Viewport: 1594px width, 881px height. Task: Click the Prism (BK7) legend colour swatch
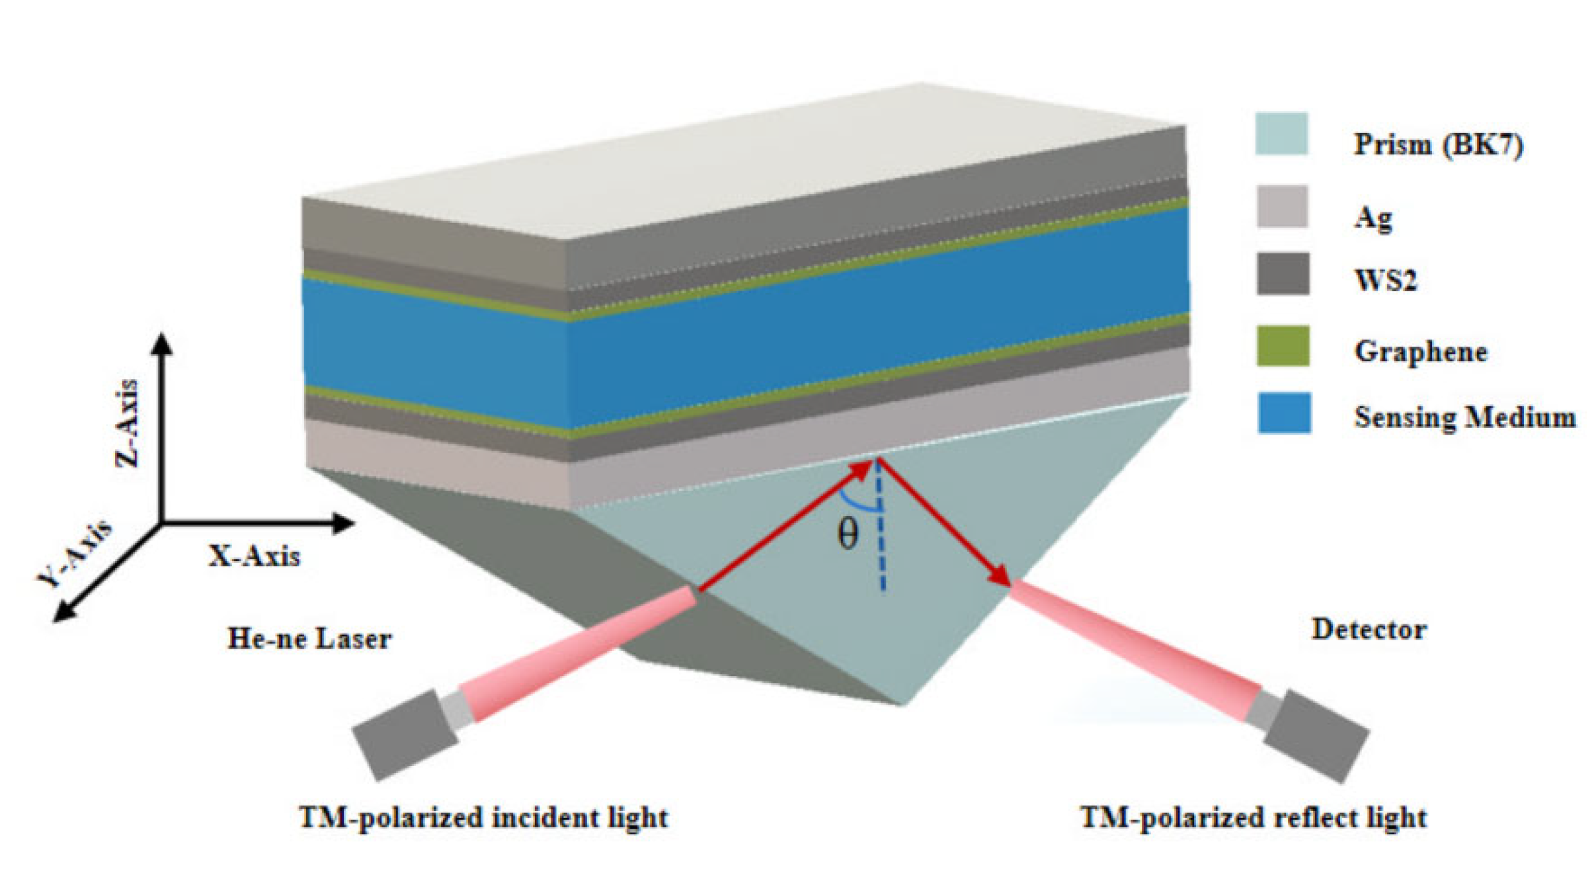pyautogui.click(x=1281, y=134)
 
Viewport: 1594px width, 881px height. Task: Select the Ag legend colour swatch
pyautogui.click(x=1281, y=207)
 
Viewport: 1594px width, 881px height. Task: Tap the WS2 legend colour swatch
pyautogui.click(x=1282, y=274)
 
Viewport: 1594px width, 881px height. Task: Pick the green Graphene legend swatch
pyautogui.click(x=1282, y=345)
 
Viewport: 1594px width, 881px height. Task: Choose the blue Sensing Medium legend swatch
pyautogui.click(x=1283, y=413)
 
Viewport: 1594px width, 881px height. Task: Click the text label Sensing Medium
pyautogui.click(x=1464, y=417)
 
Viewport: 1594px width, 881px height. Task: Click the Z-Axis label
pyautogui.click(x=128, y=423)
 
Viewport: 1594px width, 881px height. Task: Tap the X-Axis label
pyautogui.click(x=255, y=556)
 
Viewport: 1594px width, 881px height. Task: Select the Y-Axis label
pyautogui.click(x=75, y=554)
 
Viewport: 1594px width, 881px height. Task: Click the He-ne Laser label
pyautogui.click(x=309, y=639)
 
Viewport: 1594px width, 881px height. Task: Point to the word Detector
pyautogui.click(x=1368, y=629)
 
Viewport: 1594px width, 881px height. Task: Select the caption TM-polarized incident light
pyautogui.click(x=483, y=818)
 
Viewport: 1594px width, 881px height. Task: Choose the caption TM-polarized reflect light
pyautogui.click(x=1253, y=818)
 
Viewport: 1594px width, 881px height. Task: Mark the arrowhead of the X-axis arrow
pyautogui.click(x=344, y=523)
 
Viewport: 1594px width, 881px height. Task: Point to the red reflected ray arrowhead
pyautogui.click(x=1000, y=577)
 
